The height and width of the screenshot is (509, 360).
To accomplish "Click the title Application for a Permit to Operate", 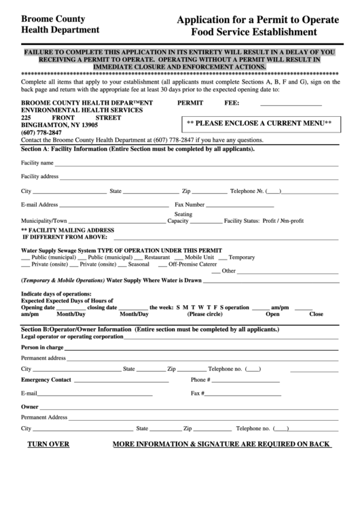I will (x=257, y=20).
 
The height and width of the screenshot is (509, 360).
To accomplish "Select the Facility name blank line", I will (x=196, y=164).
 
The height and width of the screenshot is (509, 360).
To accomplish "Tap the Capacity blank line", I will (x=206, y=222).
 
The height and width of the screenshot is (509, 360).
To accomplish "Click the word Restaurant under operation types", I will (x=157, y=258).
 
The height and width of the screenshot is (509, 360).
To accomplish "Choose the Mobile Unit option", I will (x=200, y=258).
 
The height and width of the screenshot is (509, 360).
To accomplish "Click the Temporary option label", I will (x=241, y=258).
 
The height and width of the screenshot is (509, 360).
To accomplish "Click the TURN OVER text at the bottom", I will (x=48, y=444).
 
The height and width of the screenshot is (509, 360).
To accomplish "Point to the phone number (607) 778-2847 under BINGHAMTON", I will (x=41, y=132).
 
